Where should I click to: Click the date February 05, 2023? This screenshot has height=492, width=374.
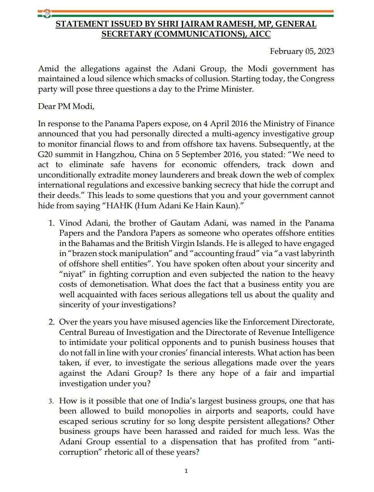click(302, 51)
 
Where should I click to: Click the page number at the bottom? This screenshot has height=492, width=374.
click(186, 471)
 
